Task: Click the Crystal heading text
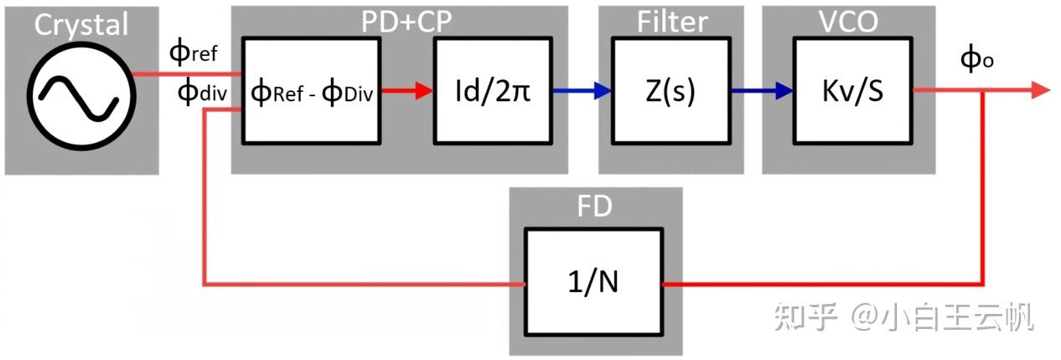pyautogui.click(x=81, y=24)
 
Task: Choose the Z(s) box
pyautogui.click(x=672, y=90)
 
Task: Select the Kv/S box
pyautogui.click(x=852, y=90)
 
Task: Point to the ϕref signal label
pyautogui.click(x=193, y=54)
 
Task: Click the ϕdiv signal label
pyautogui.click(x=199, y=91)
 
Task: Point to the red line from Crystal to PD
pyautogui.click(x=187, y=73)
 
